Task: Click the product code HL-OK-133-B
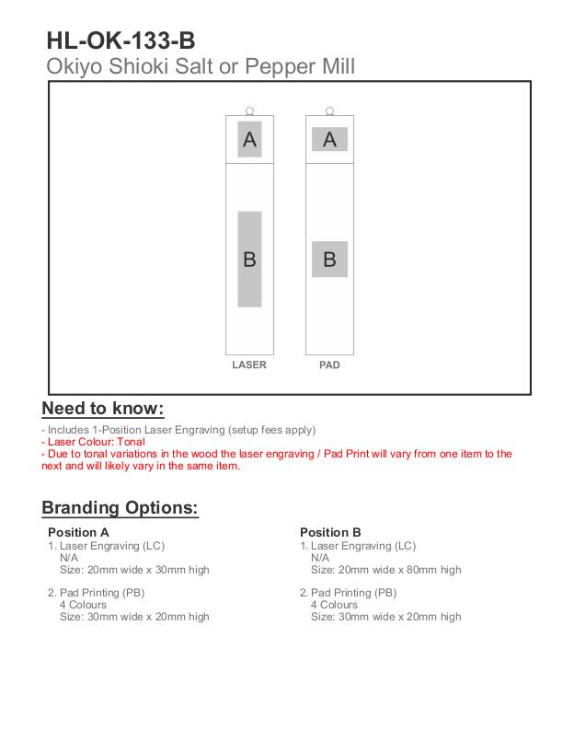[121, 40]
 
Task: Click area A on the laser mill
[249, 139]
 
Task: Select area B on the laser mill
[249, 259]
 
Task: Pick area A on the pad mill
[329, 139]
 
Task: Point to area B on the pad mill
[329, 259]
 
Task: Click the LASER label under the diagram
[249, 365]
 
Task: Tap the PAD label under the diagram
[329, 365]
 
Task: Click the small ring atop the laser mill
[249, 110]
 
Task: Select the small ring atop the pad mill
[329, 110]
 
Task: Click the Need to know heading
[103, 409]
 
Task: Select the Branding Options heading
[121, 507]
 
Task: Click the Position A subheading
[78, 532]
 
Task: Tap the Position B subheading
[330, 532]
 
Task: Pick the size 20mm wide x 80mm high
[386, 570]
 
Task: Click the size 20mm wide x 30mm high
[134, 570]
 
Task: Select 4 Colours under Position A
[83, 605]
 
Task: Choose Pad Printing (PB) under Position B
[353, 593]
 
